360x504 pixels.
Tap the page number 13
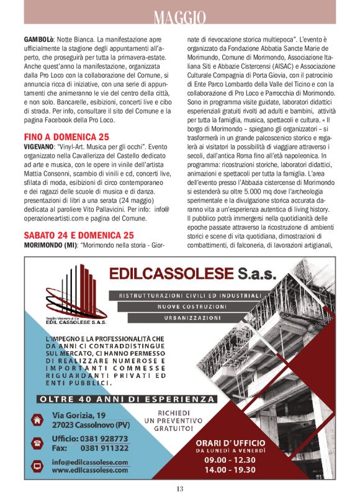tap(179, 489)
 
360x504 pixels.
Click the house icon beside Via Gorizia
tap(37, 420)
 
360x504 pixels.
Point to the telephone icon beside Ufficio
tap(37, 443)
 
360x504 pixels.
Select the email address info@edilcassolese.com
tap(90, 462)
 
